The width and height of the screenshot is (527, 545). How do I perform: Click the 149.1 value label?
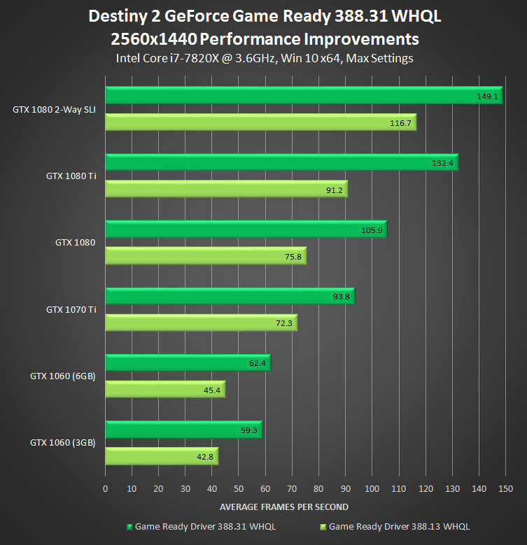(x=487, y=97)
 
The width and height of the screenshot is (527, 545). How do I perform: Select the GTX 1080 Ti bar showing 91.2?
(x=226, y=190)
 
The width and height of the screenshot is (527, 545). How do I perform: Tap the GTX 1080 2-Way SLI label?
(x=54, y=109)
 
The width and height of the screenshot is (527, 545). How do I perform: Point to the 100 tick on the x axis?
(x=372, y=489)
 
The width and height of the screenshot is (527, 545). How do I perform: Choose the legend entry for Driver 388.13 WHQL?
(x=395, y=525)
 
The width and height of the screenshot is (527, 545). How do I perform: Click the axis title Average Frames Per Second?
(x=284, y=507)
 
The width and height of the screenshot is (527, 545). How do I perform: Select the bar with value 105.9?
(x=245, y=229)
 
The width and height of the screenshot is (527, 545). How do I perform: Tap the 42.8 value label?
(x=206, y=458)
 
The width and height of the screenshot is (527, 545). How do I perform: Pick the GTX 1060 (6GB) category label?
(x=63, y=376)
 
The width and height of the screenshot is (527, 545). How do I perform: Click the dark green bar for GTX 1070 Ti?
(x=230, y=296)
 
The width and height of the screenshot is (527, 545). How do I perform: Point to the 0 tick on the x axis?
(x=105, y=489)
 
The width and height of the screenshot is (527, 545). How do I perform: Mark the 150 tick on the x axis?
(x=505, y=489)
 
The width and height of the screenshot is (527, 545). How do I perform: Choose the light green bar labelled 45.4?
(x=164, y=390)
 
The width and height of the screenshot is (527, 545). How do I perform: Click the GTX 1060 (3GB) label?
(x=63, y=442)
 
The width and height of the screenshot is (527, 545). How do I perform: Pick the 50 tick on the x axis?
(x=239, y=489)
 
